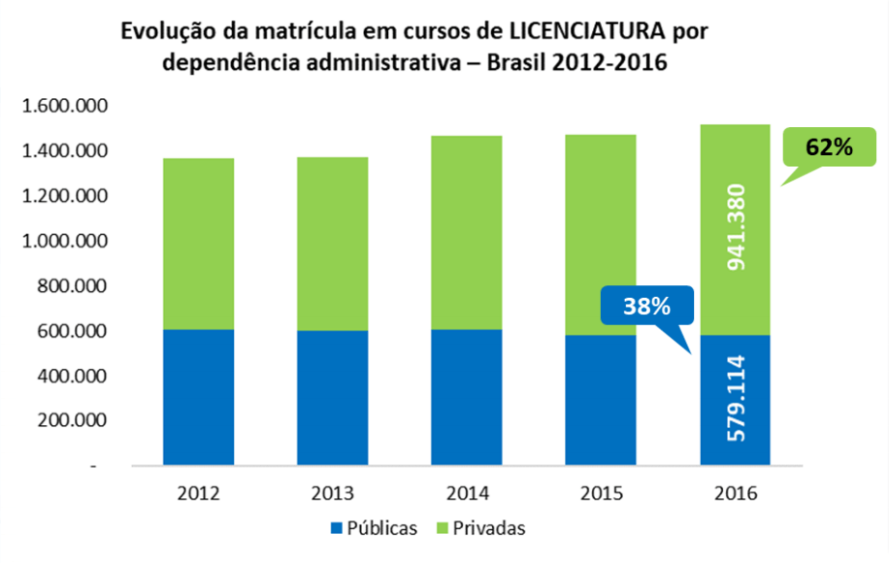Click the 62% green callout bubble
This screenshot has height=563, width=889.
(828, 149)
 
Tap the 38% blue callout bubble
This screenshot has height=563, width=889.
(647, 305)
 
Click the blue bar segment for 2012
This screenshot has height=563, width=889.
(198, 398)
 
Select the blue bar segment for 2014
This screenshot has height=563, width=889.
(467, 398)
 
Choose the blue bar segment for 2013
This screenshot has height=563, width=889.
(333, 398)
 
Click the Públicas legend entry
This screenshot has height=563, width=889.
(374, 528)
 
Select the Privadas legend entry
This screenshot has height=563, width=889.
(481, 528)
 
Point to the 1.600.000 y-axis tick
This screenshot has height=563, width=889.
(66, 106)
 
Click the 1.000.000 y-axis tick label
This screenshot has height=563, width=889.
(66, 241)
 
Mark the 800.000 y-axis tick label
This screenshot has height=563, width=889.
(75, 286)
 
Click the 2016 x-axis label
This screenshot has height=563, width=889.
(735, 492)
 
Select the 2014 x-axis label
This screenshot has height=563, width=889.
(467, 492)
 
